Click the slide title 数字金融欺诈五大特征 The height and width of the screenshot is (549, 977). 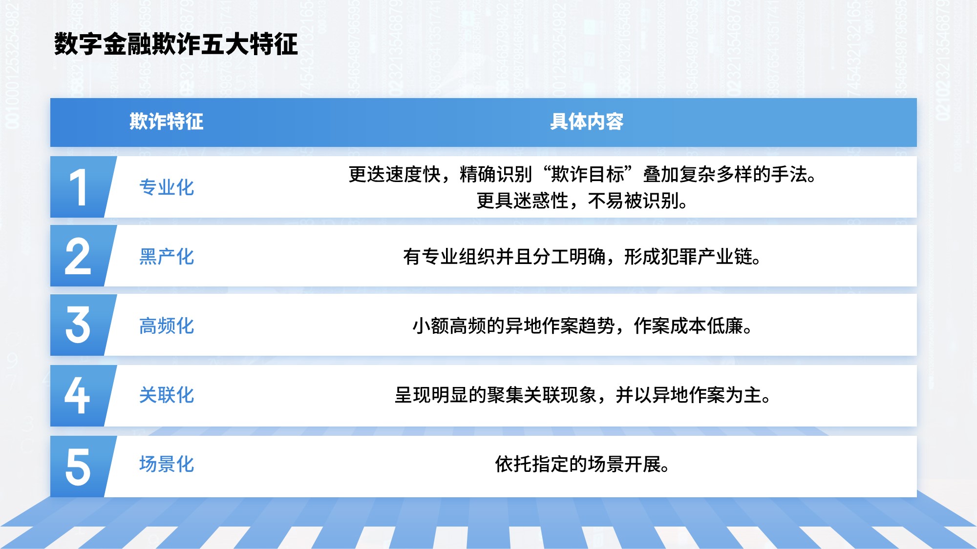pos(176,44)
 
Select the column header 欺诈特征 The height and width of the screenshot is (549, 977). pos(167,122)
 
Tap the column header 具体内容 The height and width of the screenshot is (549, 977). pos(587,122)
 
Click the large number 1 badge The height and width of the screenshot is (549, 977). pos(78,187)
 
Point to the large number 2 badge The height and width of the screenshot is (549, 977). pos(78,256)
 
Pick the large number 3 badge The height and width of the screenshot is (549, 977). pos(78,325)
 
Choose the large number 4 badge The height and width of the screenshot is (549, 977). pos(78,395)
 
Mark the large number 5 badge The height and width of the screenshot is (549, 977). pos(78,467)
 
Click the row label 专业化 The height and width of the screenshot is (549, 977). pos(167,187)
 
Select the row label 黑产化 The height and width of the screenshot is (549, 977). pos(167,257)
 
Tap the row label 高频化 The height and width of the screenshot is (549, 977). pos(167,326)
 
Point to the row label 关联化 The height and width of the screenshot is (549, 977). pos(167,395)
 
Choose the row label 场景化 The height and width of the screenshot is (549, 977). pos(167,464)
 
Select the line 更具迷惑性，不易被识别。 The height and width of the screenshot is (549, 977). pos(582,201)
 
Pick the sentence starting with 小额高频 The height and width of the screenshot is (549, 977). pos(582,326)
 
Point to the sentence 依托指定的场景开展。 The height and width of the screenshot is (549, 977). pos(582,464)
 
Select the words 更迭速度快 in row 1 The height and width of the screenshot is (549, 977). pos(395,174)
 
